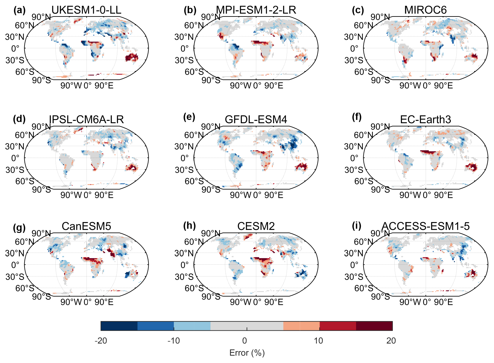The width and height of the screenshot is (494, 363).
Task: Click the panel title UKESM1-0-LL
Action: (x=86, y=10)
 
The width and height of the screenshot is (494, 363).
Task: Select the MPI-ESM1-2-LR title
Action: (x=256, y=10)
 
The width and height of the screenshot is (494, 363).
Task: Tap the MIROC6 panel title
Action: (x=425, y=10)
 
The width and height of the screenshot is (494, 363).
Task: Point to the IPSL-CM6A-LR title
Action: (x=86, y=119)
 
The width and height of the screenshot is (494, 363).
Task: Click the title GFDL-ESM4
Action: (x=256, y=119)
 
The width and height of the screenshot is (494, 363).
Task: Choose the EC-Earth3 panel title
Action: (x=425, y=119)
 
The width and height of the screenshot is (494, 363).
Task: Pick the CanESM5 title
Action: (x=86, y=226)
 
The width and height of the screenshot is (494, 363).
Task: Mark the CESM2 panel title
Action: (x=256, y=226)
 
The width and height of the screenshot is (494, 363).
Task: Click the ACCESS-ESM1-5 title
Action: (x=425, y=226)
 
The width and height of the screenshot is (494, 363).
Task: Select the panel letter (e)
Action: (x=189, y=117)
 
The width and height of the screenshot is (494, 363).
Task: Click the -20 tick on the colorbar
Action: (x=101, y=341)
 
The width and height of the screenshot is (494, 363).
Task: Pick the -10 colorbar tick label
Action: (x=174, y=341)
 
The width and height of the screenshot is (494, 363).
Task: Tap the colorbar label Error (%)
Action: (x=247, y=353)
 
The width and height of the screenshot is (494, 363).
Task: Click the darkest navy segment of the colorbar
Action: (x=119, y=326)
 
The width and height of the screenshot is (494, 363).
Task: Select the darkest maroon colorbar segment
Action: (x=374, y=326)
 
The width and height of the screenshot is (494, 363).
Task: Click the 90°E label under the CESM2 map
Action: (x=273, y=302)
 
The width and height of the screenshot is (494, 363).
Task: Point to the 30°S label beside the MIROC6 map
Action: (x=354, y=60)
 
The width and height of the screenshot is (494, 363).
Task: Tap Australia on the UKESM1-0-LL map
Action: (x=132, y=57)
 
